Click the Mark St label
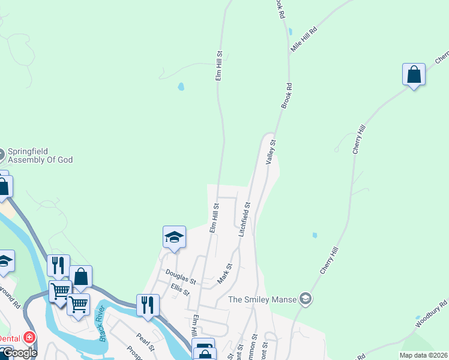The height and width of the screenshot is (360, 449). (224, 274)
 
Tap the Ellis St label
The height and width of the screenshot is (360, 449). (180, 290)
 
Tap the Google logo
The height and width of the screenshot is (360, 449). (19, 353)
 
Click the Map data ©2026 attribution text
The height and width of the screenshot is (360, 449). (423, 355)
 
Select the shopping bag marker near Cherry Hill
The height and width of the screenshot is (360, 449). (414, 75)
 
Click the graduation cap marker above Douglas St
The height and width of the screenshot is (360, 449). (174, 237)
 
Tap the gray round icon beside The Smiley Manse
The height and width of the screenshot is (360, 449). (306, 299)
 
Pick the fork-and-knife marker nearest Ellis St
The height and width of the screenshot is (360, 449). (147, 305)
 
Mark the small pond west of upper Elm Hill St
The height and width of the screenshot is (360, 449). (181, 86)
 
